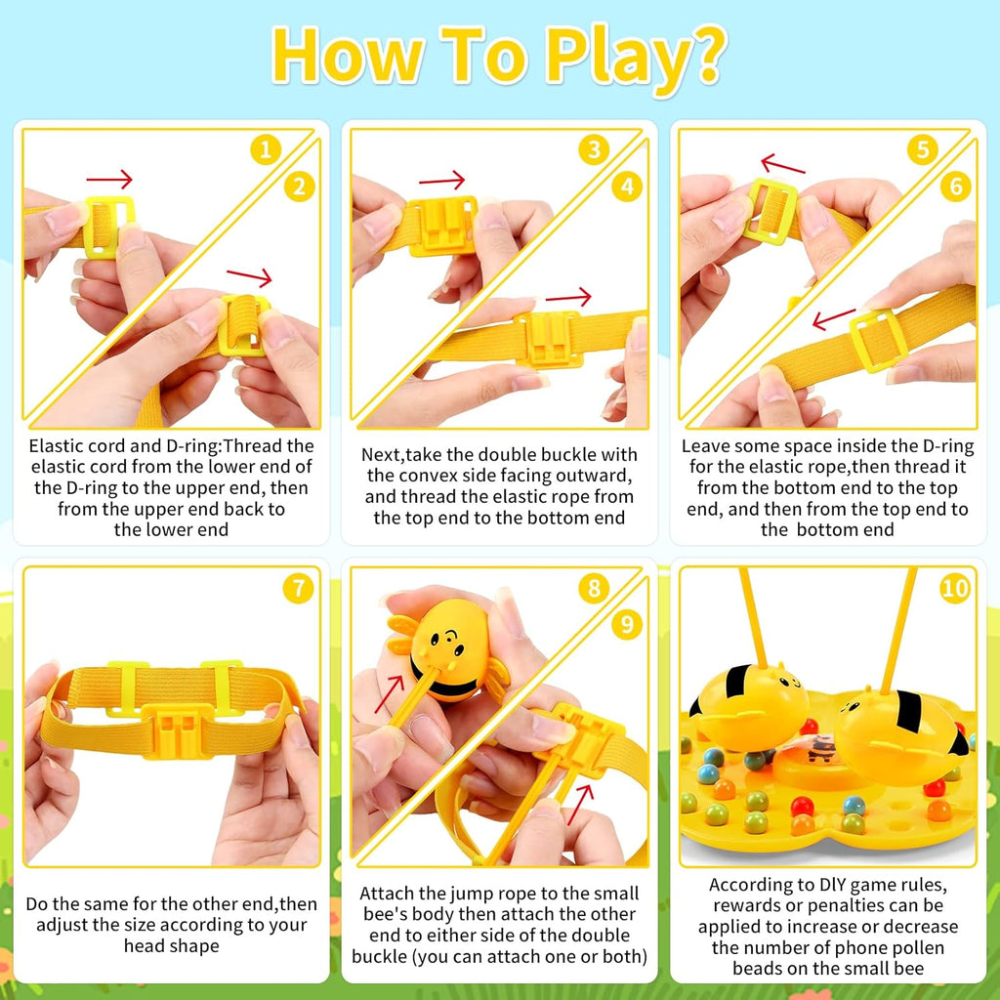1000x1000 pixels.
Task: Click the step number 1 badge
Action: (x=266, y=150)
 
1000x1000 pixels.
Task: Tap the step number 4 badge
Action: (x=627, y=187)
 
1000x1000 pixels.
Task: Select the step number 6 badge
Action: (x=955, y=187)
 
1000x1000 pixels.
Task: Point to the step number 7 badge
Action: (x=299, y=588)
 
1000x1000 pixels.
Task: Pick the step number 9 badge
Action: (x=627, y=624)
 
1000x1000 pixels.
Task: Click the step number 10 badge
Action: (x=955, y=588)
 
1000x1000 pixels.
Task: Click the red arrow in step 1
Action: (x=109, y=180)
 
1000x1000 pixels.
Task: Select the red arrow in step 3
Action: (x=442, y=181)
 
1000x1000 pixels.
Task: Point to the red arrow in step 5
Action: (x=782, y=164)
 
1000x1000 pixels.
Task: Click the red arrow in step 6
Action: (x=834, y=318)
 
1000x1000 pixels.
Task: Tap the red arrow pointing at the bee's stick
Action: (x=389, y=694)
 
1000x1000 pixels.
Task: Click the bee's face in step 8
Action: (x=445, y=640)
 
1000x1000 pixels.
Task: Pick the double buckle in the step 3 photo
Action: (x=442, y=226)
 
